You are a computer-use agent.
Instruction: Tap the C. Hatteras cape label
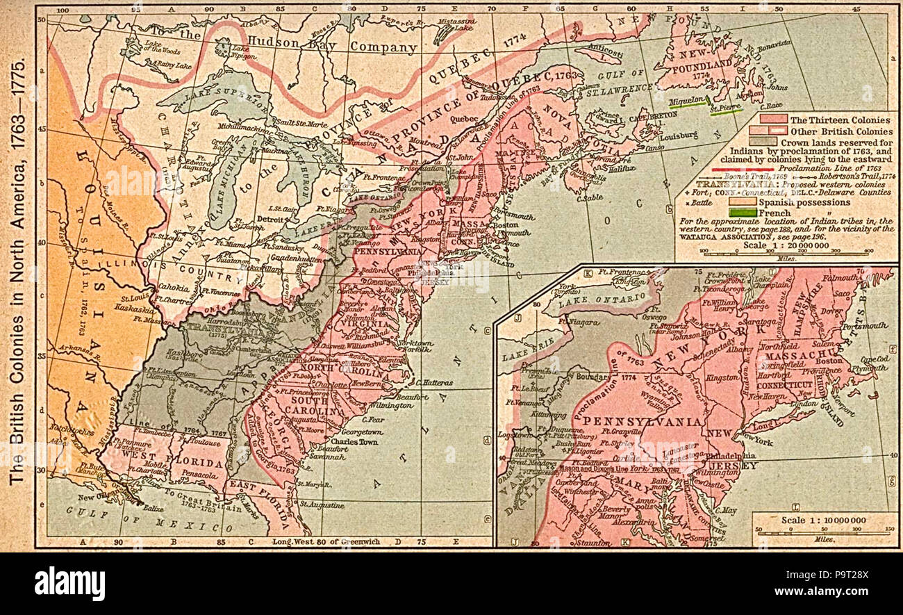(434, 382)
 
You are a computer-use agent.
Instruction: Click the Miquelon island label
(679, 101)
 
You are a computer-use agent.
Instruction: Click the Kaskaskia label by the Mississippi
(135, 306)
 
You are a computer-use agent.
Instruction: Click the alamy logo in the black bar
(69, 582)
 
